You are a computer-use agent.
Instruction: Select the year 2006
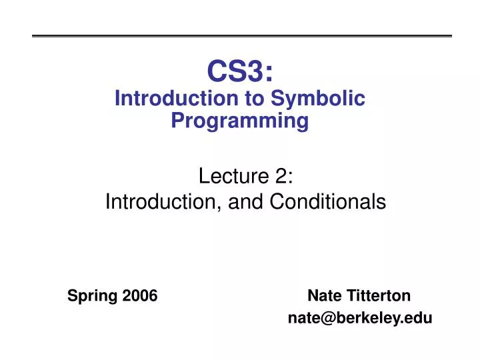[x=139, y=295]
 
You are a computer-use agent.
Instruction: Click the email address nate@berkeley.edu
[x=359, y=319]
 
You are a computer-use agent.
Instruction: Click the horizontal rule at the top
[x=242, y=36]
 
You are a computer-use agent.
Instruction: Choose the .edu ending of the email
[x=417, y=319]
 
